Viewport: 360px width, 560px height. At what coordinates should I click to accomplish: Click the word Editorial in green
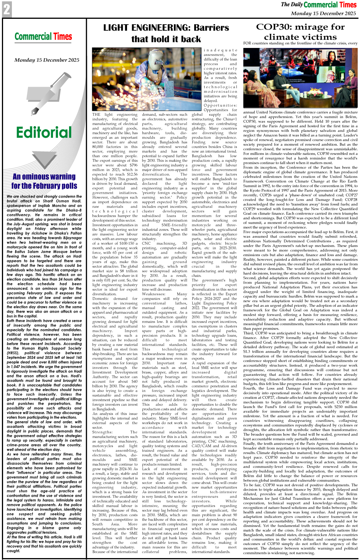[x=44, y=133]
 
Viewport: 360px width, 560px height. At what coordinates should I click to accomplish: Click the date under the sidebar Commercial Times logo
[x=47, y=60]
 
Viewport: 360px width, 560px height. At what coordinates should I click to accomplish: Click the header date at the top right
[x=323, y=13]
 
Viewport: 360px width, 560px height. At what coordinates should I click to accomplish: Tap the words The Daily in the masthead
[x=291, y=5]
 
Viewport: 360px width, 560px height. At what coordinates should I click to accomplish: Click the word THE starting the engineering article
[x=96, y=115]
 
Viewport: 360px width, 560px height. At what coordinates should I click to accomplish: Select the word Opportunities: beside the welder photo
[x=220, y=105]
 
